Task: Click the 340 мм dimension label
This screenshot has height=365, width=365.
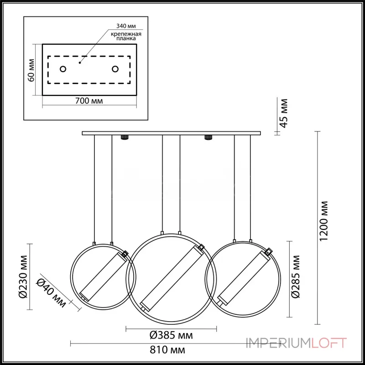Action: [x=126, y=26]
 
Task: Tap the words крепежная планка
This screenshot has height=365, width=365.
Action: [x=126, y=36]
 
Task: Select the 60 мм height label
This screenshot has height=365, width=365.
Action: [x=31, y=70]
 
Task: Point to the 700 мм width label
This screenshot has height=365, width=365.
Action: [x=89, y=101]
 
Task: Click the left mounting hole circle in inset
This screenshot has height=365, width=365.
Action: [x=63, y=69]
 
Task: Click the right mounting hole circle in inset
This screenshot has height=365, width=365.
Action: [x=115, y=69]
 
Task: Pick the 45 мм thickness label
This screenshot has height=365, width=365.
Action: [x=284, y=113]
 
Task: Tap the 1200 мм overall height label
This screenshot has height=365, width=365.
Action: [x=323, y=221]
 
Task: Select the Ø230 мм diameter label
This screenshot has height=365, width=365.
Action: [x=23, y=277]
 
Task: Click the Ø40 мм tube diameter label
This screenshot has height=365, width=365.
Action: [x=51, y=293]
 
